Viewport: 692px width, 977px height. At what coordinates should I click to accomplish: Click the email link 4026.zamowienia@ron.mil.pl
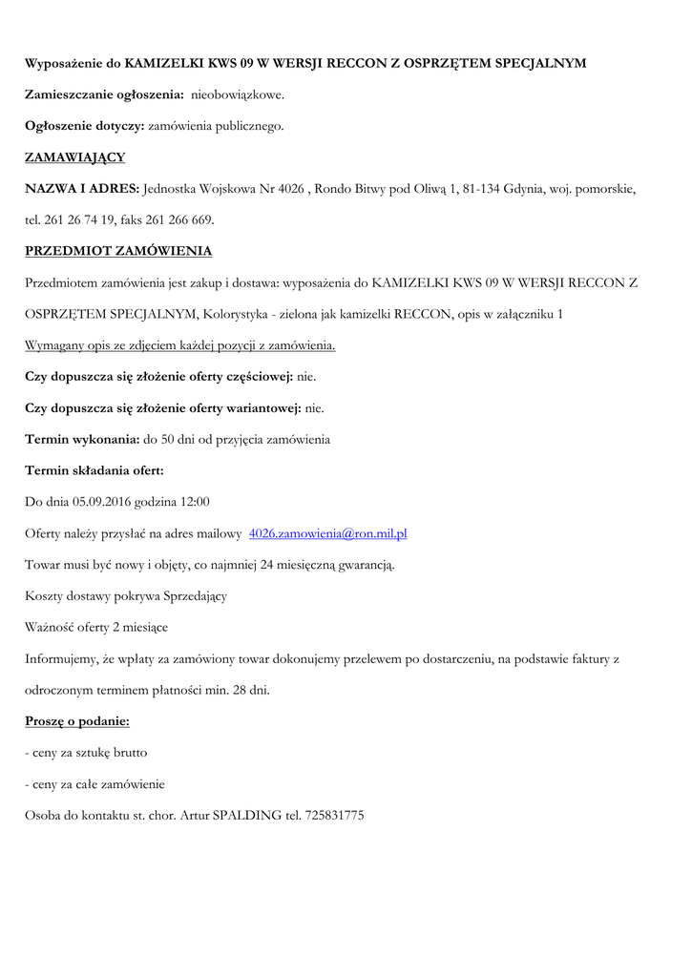point(327,533)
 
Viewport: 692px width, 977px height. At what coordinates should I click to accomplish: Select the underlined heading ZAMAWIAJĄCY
point(74,157)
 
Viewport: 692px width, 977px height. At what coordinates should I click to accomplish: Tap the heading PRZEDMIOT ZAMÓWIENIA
point(118,251)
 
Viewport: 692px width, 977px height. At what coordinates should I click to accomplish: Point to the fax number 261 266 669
point(178,220)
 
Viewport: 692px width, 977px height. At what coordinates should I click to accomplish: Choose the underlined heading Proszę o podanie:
point(76,721)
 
